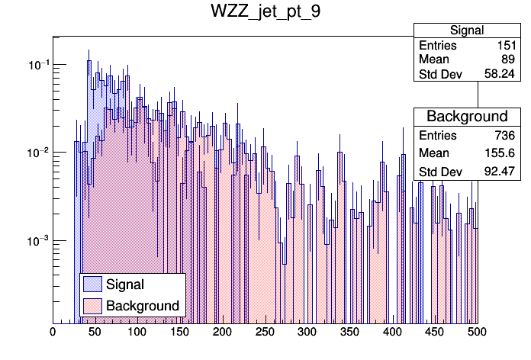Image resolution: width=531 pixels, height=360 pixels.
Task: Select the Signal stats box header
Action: [x=466, y=31]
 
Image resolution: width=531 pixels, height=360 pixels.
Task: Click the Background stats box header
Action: [x=466, y=116]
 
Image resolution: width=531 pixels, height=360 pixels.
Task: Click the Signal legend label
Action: [x=125, y=284]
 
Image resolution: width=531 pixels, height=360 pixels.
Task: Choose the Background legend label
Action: [x=143, y=306]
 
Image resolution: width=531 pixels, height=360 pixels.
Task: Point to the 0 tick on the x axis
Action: [x=53, y=333]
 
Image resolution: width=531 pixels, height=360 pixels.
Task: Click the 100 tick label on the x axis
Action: [x=137, y=333]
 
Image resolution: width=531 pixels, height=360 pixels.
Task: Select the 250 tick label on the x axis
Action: [x=265, y=333]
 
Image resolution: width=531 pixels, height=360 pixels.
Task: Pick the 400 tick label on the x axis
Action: [x=392, y=333]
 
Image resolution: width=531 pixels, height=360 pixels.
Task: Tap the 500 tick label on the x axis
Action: [x=477, y=333]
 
